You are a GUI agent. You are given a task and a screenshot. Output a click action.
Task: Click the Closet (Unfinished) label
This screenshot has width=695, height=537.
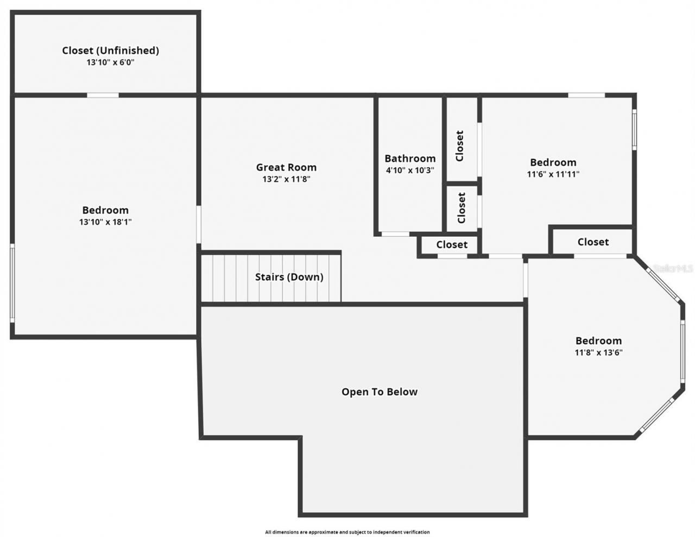pyautogui.click(x=110, y=50)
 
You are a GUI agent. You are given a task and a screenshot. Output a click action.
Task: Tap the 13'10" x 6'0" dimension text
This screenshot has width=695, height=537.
pyautogui.click(x=110, y=62)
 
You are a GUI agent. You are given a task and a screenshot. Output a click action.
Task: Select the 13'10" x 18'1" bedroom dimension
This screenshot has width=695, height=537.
pyautogui.click(x=105, y=222)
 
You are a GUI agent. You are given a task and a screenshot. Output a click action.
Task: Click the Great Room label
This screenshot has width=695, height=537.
pyautogui.click(x=286, y=167)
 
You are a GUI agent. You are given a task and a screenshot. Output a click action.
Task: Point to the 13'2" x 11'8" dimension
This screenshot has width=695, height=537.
pyautogui.click(x=286, y=179)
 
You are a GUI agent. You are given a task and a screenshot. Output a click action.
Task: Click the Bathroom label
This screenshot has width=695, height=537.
pyautogui.click(x=410, y=159)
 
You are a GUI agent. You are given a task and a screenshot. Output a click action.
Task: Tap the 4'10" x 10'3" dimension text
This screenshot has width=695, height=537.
pyautogui.click(x=410, y=170)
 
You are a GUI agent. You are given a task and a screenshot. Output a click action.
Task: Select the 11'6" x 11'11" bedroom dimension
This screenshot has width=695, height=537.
pyautogui.click(x=553, y=174)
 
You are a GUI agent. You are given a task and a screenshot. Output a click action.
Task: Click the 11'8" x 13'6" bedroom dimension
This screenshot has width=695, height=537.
pyautogui.click(x=598, y=352)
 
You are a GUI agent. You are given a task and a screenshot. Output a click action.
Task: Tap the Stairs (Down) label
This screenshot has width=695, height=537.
pyautogui.click(x=289, y=277)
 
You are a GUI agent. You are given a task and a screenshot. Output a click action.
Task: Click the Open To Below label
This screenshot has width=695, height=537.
pyautogui.click(x=380, y=392)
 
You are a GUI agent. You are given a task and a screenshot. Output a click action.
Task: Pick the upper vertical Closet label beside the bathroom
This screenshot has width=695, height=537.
pyautogui.click(x=460, y=146)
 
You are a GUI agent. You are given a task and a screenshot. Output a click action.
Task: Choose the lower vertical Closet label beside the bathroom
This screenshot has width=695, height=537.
pyautogui.click(x=462, y=208)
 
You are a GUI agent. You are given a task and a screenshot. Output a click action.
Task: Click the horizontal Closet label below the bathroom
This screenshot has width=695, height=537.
pyautogui.click(x=452, y=245)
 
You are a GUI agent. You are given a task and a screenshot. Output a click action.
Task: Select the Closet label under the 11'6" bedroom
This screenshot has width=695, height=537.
pyautogui.click(x=593, y=242)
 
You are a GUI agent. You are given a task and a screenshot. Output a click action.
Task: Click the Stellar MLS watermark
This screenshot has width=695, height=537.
pyautogui.click(x=673, y=268)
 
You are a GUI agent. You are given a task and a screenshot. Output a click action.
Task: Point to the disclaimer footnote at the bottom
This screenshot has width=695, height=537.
pyautogui.click(x=347, y=532)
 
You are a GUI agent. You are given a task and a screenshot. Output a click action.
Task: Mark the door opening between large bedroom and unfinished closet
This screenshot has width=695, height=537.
pyautogui.click(x=103, y=96)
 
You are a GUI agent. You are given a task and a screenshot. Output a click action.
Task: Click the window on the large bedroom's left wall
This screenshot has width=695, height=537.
pyautogui.click(x=12, y=283)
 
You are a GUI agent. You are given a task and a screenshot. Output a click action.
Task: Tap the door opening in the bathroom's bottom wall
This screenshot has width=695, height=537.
pyautogui.click(x=395, y=234)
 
